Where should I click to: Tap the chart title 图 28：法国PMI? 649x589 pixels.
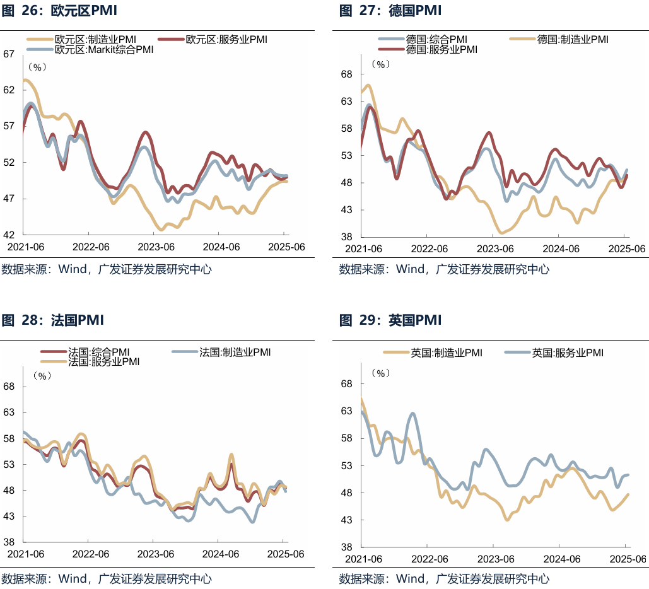[52, 320]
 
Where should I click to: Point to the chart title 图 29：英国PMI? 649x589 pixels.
[390, 320]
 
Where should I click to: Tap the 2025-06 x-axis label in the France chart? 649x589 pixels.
[285, 554]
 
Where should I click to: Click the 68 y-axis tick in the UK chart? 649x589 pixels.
[346, 383]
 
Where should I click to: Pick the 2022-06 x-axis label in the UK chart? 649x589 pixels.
[428, 559]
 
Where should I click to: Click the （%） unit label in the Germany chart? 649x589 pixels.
[381, 64]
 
